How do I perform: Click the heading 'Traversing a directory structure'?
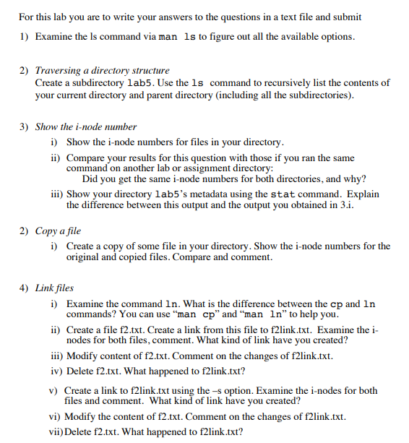point(102,71)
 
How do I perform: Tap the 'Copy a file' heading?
point(58,231)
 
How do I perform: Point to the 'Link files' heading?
point(54,288)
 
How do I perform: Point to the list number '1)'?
point(23,36)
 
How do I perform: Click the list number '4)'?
point(23,288)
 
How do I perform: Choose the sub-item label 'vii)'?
point(56,432)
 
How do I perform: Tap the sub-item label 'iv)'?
point(57,371)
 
